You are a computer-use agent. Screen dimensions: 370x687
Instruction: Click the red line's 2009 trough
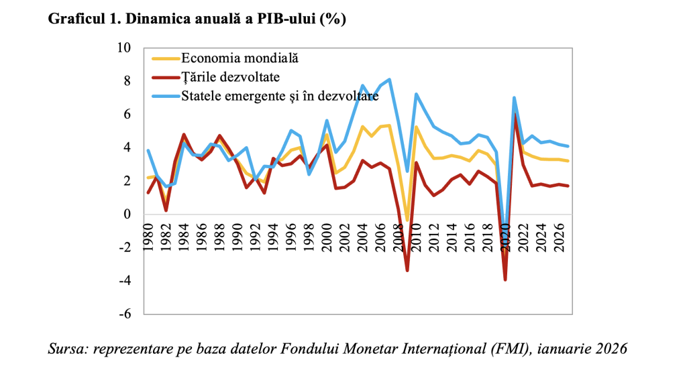(407, 271)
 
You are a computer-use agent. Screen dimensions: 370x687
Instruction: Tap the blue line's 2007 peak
(390, 80)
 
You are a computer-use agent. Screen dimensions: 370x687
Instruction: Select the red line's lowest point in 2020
(505, 280)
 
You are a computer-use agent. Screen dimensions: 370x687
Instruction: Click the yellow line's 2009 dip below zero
(407, 221)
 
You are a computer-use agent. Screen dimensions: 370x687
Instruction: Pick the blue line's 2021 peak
(514, 98)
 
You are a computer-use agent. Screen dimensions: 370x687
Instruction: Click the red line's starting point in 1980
(148, 193)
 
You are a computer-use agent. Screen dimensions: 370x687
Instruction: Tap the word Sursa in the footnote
(66, 349)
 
